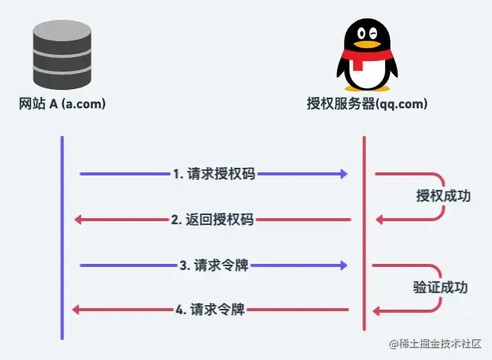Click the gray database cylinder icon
click(x=62, y=57)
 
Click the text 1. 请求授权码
click(x=214, y=174)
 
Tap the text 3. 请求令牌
click(x=214, y=265)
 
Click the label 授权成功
click(x=443, y=196)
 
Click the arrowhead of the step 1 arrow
click(x=344, y=174)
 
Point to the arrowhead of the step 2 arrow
click(x=79, y=220)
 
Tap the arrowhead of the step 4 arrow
click(x=76, y=310)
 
